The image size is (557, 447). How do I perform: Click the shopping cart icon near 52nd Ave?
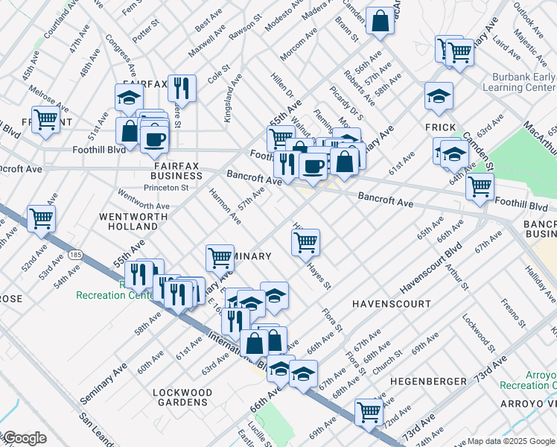[x=41, y=218]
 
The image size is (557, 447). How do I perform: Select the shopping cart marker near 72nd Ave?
[x=369, y=410]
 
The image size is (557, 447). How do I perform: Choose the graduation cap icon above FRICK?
[x=439, y=95]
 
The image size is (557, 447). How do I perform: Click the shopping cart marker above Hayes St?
[x=305, y=241]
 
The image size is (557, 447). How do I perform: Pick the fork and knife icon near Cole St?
[x=182, y=88]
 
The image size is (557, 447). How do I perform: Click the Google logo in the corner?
[x=24, y=438]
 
